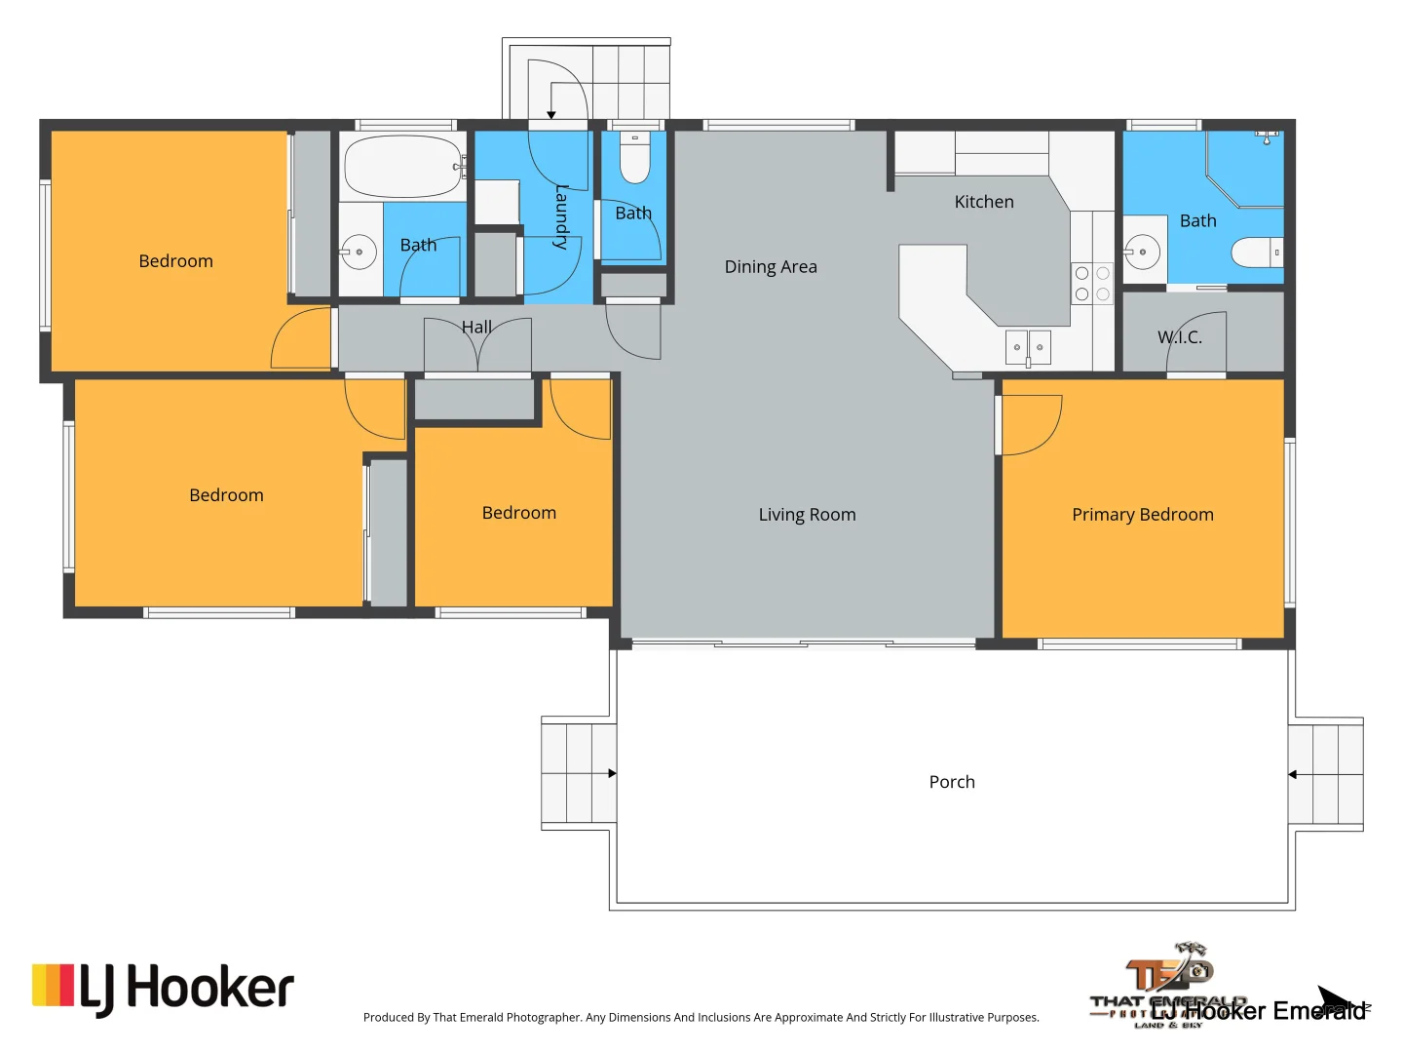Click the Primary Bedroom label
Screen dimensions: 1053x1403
(x=1142, y=515)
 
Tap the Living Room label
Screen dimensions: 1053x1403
(x=807, y=515)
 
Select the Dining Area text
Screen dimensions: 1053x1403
(x=771, y=267)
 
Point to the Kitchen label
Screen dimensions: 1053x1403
(x=984, y=202)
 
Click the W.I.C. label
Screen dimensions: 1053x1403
(x=1180, y=337)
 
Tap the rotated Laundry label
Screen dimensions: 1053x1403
(x=561, y=216)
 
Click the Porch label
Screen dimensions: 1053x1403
(x=952, y=782)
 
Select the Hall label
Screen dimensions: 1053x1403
(x=476, y=328)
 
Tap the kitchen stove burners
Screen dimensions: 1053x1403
(x=1092, y=284)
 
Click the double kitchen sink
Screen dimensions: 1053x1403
(x=1028, y=347)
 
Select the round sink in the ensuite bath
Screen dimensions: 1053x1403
(x=1142, y=252)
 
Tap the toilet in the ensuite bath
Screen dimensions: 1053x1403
(x=1258, y=253)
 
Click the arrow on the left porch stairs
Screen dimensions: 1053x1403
(x=612, y=773)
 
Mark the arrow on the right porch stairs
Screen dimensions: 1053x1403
(x=1293, y=775)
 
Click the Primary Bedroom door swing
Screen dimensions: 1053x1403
(x=1032, y=425)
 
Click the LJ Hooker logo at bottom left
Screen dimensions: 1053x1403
(x=163, y=989)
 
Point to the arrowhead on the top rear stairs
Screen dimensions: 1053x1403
(x=551, y=115)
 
